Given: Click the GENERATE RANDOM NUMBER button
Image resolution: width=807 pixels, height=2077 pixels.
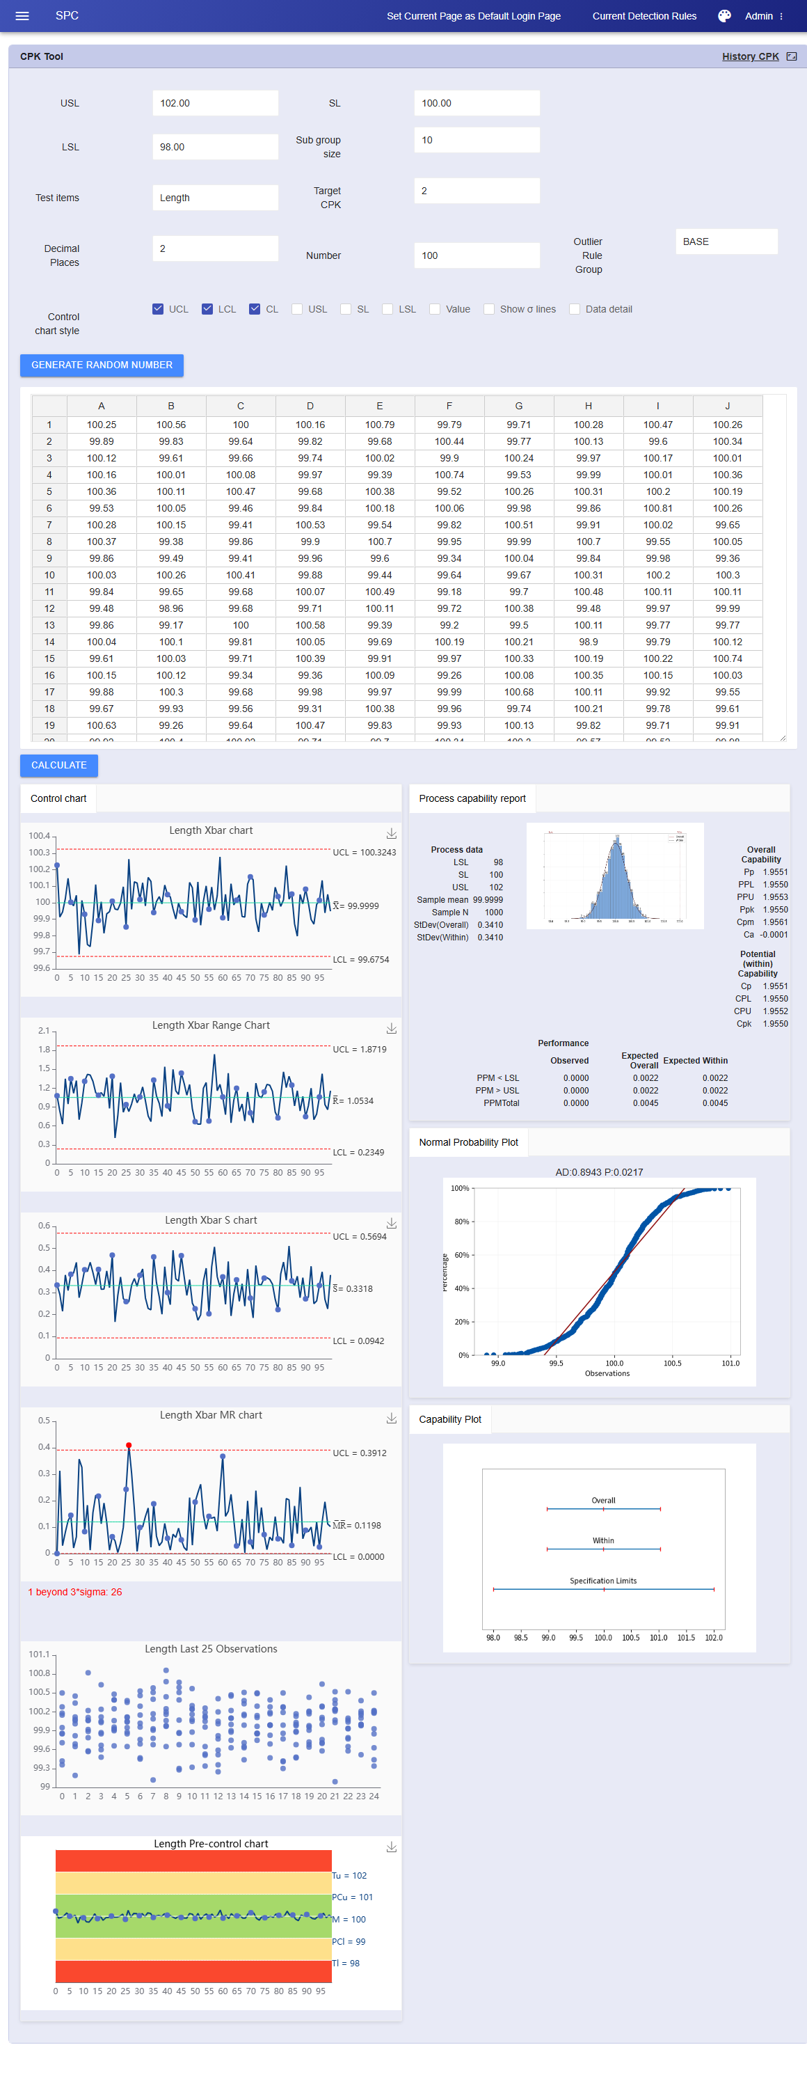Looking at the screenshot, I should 102,365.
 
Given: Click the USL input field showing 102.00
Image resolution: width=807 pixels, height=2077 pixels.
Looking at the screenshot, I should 215,103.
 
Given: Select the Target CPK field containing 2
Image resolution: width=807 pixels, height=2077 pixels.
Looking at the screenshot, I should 477,191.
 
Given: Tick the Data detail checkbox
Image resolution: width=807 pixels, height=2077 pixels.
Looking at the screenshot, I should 575,309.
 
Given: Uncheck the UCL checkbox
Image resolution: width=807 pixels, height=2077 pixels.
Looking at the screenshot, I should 158,309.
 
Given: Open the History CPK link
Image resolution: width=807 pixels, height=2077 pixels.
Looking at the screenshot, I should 750,56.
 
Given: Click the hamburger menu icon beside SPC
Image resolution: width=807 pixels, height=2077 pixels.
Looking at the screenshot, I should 22,16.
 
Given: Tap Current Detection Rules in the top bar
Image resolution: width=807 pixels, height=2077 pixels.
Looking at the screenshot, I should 644,16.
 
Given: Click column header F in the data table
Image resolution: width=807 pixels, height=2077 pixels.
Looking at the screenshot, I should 449,406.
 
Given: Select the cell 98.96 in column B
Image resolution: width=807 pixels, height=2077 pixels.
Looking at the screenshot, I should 171,609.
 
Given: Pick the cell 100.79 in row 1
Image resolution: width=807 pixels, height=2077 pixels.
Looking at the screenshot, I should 380,425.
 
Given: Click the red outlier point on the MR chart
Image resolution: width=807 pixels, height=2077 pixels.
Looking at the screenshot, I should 129,1446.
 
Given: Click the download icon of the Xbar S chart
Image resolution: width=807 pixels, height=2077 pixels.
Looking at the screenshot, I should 391,1224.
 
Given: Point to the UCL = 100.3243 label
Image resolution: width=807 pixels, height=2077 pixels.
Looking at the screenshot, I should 365,852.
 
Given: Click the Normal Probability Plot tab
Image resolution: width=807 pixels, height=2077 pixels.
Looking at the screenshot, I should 468,1142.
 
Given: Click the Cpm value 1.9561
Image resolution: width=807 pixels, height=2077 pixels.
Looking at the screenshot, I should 775,922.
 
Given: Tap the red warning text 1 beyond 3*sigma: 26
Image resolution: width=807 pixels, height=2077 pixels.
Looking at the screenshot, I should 75,1593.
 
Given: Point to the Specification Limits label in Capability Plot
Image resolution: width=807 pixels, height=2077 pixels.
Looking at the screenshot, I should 603,1581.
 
